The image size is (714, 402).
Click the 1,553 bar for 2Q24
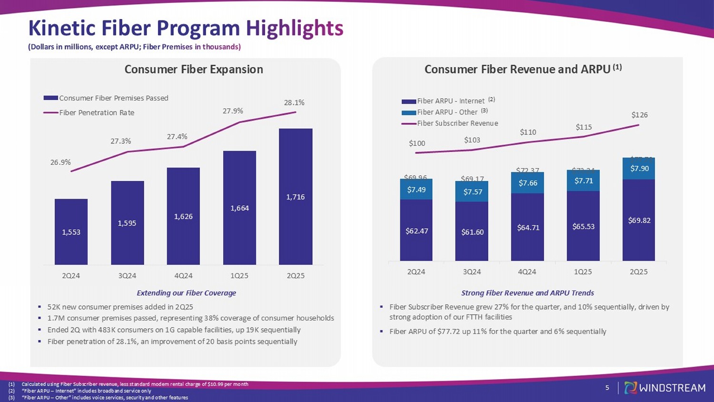pos(71,232)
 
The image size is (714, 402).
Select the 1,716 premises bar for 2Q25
pos(296,197)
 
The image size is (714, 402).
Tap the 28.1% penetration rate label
pos(294,102)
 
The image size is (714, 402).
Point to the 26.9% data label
pos(60,162)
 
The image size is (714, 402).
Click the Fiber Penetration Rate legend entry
pos(97,113)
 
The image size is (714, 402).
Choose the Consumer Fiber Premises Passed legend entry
pos(113,98)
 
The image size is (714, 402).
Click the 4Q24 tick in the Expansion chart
pos(183,276)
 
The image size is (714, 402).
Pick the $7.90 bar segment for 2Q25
pos(639,169)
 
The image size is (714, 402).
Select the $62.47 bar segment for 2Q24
pos(416,231)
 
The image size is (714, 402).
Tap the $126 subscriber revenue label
pos(639,115)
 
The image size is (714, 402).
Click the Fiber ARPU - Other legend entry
pos(447,112)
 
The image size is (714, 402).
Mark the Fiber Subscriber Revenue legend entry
pos(457,123)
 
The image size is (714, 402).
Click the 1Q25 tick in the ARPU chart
pos(583,272)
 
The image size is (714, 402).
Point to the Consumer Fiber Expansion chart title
pos(194,70)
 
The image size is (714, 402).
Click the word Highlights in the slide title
pos(295,28)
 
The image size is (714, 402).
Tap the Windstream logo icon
pos(630,388)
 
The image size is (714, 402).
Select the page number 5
pos(607,388)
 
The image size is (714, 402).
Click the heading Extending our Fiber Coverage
pos(186,293)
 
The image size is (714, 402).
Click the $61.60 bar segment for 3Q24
pos(472,232)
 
